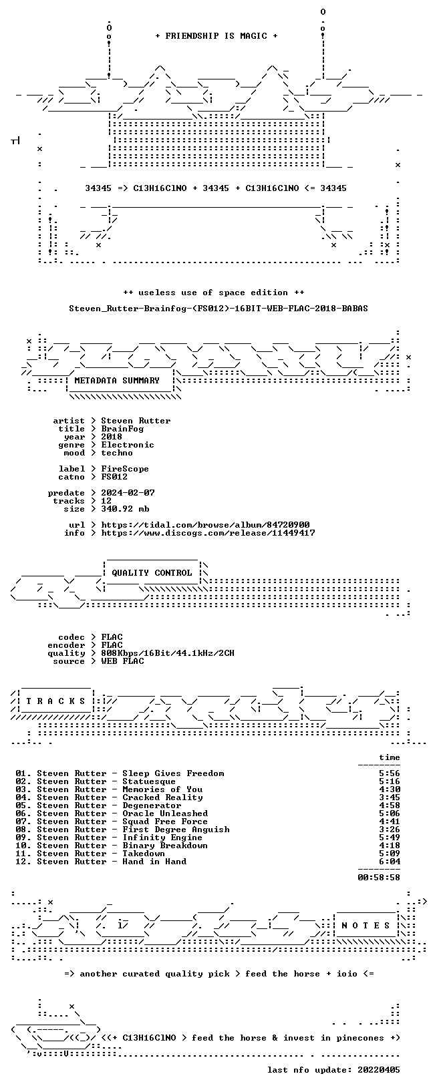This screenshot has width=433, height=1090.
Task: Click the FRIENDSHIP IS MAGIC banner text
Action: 216,36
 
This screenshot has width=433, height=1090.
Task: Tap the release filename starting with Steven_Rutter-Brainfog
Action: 219,309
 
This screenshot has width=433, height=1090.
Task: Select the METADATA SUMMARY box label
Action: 117,381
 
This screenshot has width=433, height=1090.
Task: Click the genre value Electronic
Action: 128,445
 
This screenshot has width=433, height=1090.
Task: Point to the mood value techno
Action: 117,453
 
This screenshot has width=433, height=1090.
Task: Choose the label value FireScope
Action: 125,469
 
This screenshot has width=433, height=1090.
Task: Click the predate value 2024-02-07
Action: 128,493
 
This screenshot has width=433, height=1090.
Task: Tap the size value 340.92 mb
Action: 125,509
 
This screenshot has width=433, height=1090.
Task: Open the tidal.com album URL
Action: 206,525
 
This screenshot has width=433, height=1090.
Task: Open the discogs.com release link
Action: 208,533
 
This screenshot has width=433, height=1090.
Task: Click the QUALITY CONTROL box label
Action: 152,573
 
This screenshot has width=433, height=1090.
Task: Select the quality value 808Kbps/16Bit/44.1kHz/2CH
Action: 168,653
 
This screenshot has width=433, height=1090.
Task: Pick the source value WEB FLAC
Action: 122,661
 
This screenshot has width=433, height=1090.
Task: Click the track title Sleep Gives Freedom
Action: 173,773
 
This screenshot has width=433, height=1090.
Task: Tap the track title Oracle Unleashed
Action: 165,813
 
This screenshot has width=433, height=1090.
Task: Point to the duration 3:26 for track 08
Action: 390,830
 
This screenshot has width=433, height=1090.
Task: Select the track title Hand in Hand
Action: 154,862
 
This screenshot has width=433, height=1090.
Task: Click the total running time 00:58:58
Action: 379,878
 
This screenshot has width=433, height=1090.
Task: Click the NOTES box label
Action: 366,926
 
